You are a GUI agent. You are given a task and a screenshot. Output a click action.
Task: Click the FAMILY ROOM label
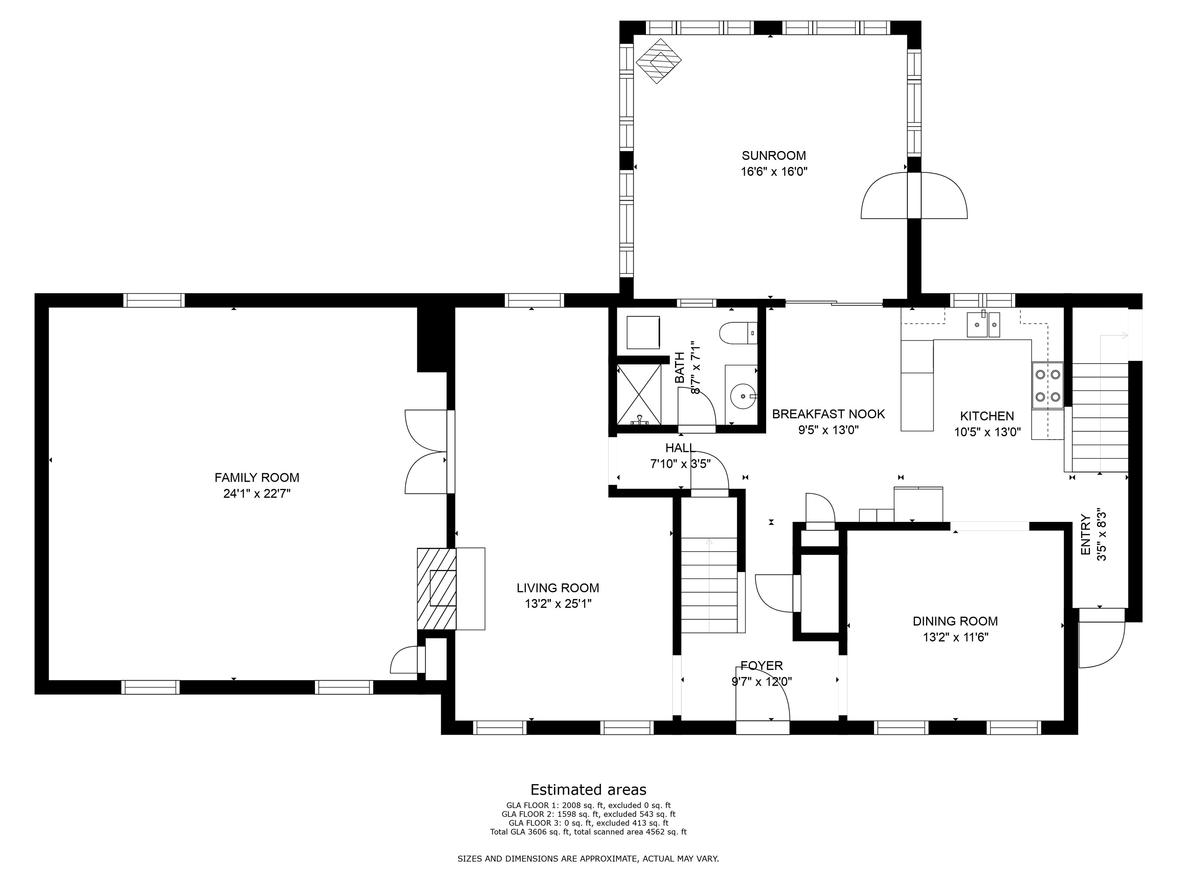(257, 478)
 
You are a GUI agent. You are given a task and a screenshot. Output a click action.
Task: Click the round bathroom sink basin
(743, 396)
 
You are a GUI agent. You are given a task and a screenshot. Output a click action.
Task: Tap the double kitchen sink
(983, 325)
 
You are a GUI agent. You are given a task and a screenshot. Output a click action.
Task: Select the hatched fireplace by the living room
(436, 588)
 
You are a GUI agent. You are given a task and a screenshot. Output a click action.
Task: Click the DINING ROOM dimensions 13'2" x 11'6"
(956, 637)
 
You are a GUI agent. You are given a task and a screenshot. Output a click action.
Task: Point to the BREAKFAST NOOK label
(828, 414)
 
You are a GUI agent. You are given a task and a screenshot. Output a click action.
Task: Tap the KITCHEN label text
(987, 416)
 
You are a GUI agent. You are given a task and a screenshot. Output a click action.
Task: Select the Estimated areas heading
(588, 789)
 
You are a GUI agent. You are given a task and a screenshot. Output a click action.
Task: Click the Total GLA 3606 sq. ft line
(588, 831)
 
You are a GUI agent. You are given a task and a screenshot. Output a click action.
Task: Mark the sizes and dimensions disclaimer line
(588, 858)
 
